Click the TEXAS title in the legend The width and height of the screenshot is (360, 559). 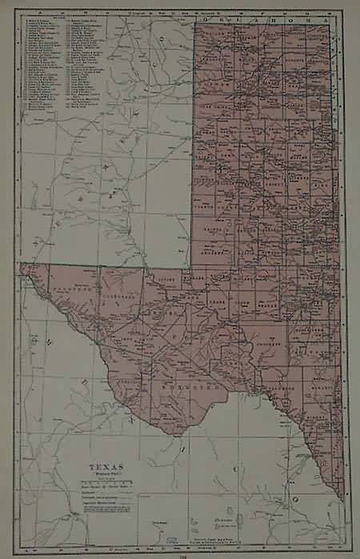pyautogui.click(x=107, y=463)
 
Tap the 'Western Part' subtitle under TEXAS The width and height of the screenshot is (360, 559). pyautogui.click(x=107, y=472)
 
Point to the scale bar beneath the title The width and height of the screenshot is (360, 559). pyautogui.click(x=107, y=482)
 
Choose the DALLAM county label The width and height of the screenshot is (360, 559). pyautogui.click(x=210, y=32)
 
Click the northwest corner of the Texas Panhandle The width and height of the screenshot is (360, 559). pyautogui.click(x=196, y=22)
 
